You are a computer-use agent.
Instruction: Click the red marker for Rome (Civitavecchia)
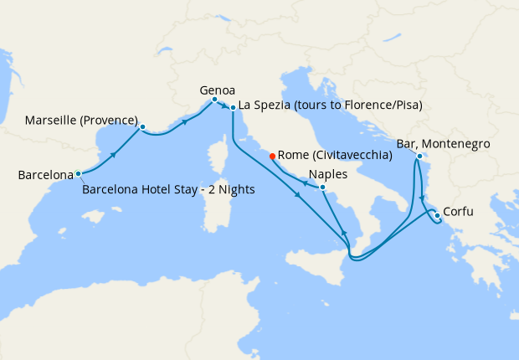[x=272, y=156]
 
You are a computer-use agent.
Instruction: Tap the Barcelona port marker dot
[x=78, y=174]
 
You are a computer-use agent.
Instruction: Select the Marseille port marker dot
[x=142, y=127]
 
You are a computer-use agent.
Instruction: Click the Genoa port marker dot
[x=214, y=100]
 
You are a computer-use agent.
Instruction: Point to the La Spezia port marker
[x=233, y=107]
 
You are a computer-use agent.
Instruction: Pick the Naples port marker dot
[x=322, y=188]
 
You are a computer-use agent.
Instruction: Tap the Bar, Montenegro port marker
[x=418, y=155]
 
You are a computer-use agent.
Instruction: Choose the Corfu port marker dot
[x=437, y=216]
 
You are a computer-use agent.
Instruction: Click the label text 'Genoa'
[x=217, y=89]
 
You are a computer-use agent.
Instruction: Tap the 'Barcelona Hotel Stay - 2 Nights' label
[x=168, y=189]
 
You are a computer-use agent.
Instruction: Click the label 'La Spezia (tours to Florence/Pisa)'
[x=330, y=105]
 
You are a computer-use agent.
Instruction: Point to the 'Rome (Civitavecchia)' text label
[x=335, y=155]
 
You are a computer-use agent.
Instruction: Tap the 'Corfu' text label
[x=458, y=211]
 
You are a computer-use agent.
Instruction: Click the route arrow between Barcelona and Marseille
[x=113, y=154]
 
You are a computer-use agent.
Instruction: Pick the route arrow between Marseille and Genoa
[x=183, y=121]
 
